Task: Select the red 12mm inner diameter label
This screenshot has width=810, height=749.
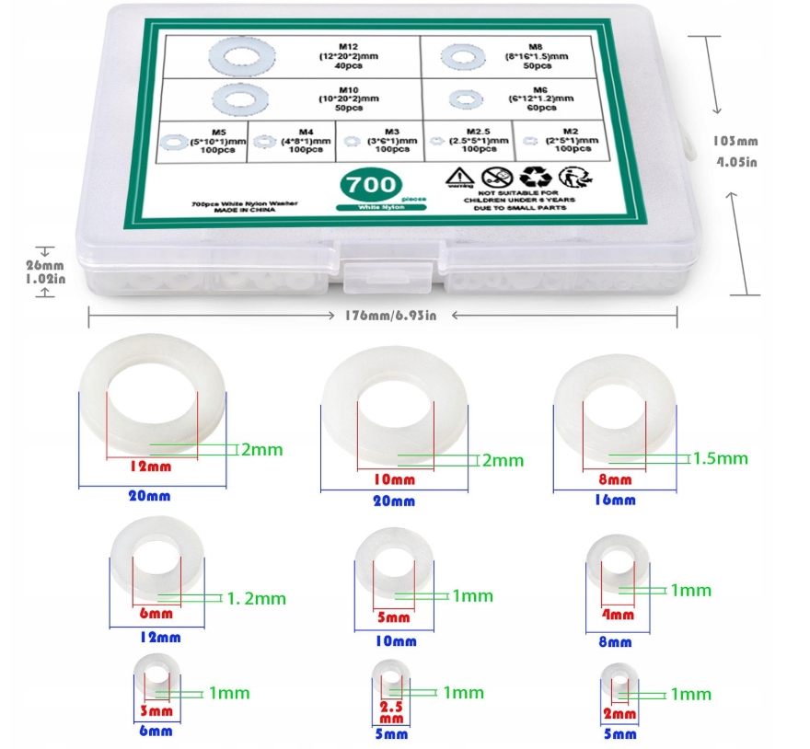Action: [x=152, y=466]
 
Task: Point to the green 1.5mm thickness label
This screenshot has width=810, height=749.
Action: [x=720, y=458]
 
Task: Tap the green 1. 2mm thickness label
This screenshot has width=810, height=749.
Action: [x=257, y=598]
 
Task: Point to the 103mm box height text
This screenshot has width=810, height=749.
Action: [x=735, y=141]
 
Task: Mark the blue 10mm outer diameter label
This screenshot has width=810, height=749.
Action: [x=398, y=641]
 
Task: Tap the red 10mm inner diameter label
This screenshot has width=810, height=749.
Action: [x=394, y=479]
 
